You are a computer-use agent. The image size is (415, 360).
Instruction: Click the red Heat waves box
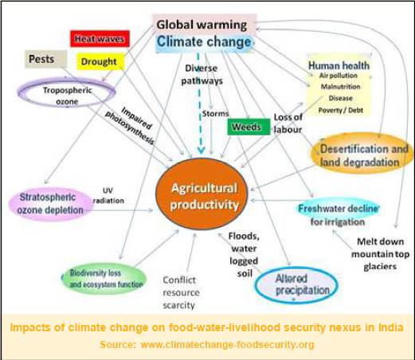click(x=100, y=39)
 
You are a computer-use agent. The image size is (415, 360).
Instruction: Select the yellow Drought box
click(x=100, y=61)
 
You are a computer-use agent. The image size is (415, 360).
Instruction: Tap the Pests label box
click(x=45, y=59)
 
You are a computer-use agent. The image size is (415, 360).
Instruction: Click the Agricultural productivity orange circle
click(x=202, y=194)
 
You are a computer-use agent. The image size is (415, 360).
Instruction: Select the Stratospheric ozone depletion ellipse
click(x=50, y=204)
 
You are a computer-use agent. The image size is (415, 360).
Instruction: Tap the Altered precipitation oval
click(x=296, y=285)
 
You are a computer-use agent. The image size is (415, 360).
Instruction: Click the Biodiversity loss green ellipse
click(x=104, y=279)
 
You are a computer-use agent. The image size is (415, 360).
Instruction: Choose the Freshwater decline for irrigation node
click(x=338, y=214)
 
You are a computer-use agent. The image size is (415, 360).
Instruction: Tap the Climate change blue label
click(x=204, y=42)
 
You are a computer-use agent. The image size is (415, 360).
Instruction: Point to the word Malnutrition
click(x=340, y=87)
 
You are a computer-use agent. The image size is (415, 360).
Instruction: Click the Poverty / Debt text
click(x=341, y=110)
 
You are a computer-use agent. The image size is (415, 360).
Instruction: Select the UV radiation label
click(x=108, y=196)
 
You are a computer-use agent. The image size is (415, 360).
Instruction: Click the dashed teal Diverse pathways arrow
click(x=200, y=104)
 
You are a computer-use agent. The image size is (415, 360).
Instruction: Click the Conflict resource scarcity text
click(x=181, y=292)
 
